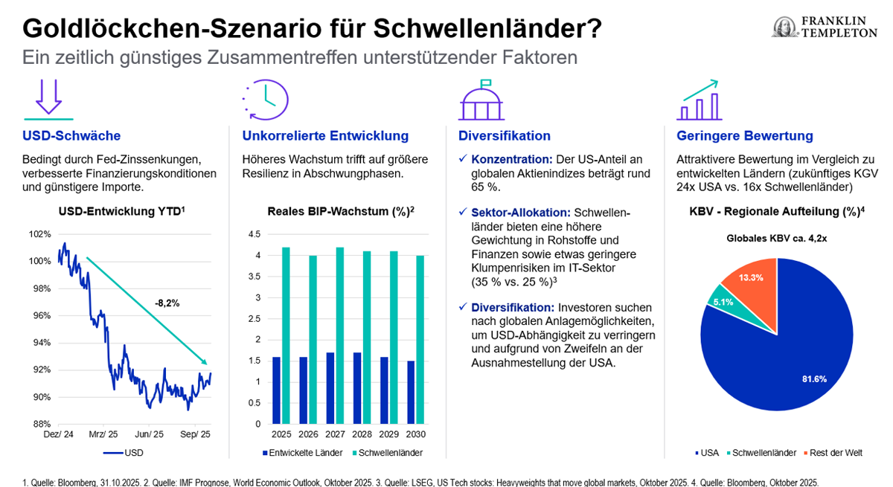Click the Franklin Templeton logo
point(824,28)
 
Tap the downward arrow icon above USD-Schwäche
point(48,98)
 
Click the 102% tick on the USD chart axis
point(40,233)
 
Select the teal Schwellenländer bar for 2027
point(340,335)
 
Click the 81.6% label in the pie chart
point(815,378)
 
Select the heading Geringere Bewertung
point(744,136)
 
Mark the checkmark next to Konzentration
point(463,159)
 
